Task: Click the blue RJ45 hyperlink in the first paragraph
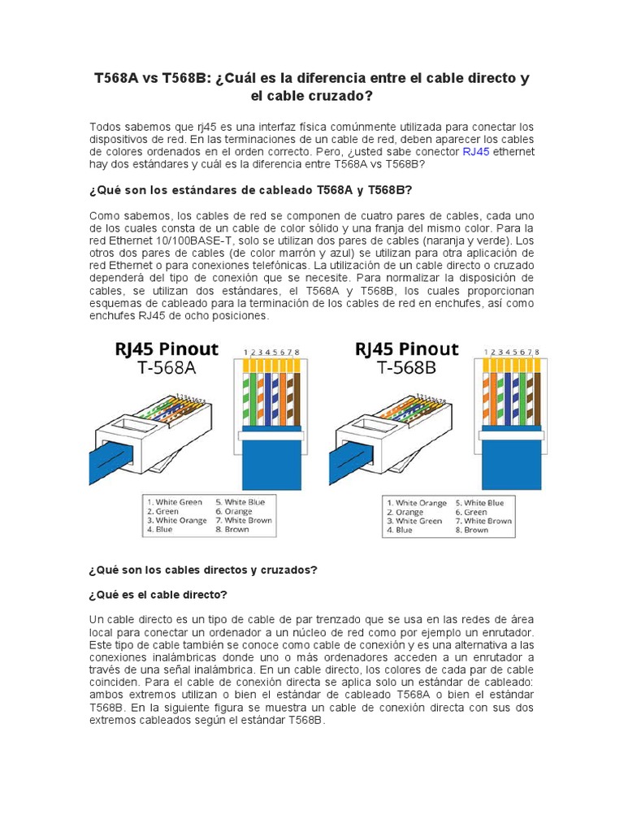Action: pos(476,151)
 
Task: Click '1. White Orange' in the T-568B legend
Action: pos(417,503)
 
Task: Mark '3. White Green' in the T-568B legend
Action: pos(415,521)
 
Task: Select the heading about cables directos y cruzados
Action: pos(202,570)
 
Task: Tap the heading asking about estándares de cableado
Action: pos(250,189)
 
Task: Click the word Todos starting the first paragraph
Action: pos(106,127)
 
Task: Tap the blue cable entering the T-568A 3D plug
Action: pos(110,460)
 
